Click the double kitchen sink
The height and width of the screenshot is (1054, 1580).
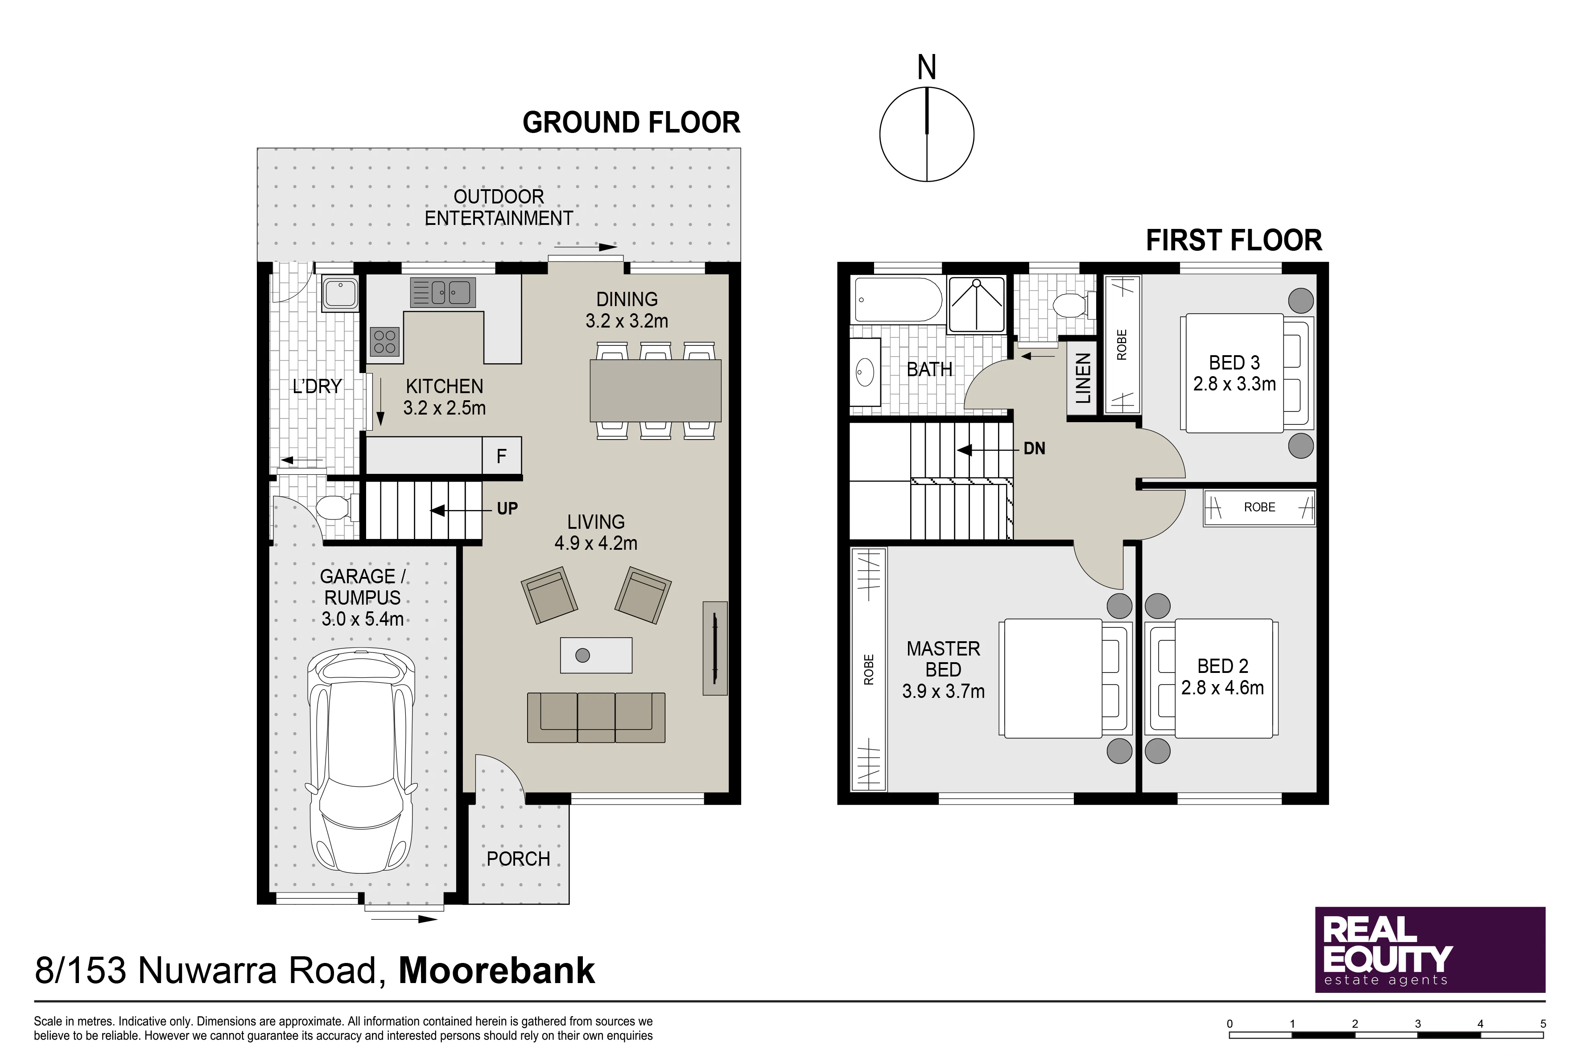pyautogui.click(x=443, y=292)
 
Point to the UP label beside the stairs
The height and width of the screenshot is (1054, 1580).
pyautogui.click(x=507, y=509)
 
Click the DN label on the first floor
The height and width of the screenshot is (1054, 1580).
pyautogui.click(x=1035, y=449)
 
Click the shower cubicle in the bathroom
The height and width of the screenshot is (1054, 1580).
pyautogui.click(x=977, y=304)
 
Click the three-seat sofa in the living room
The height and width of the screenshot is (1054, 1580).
pyautogui.click(x=596, y=717)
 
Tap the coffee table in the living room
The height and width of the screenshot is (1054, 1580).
pyautogui.click(x=596, y=655)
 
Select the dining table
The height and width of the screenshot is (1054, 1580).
pyautogui.click(x=655, y=390)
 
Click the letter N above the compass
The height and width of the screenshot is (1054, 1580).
pyautogui.click(x=926, y=67)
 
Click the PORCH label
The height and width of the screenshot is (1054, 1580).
pyautogui.click(x=518, y=859)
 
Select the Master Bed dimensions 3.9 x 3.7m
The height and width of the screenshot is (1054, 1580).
pyautogui.click(x=943, y=691)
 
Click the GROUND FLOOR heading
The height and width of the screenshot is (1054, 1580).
pyautogui.click(x=631, y=122)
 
